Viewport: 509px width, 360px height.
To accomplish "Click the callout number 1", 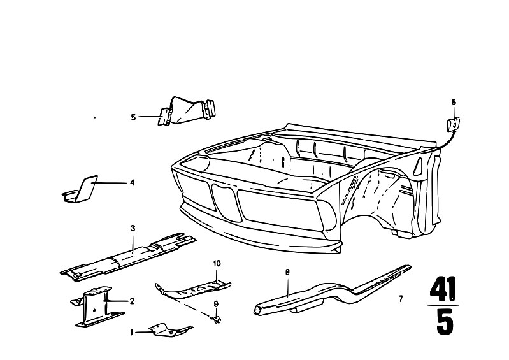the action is coord(131,333).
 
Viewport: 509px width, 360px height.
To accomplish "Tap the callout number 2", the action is coord(132,301).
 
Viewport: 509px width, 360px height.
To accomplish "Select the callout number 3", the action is coord(133,229).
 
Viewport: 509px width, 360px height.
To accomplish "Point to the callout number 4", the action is coord(132,183).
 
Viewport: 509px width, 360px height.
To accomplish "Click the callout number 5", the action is coord(133,117).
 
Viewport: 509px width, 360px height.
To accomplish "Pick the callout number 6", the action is coord(454,102).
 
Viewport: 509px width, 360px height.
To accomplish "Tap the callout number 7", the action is coord(401,299).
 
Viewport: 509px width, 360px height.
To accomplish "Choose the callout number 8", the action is coord(287,273).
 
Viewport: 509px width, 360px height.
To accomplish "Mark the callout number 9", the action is coord(216,304).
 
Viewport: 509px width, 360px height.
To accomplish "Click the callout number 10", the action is coord(217,263).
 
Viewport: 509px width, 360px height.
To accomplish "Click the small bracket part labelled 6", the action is coord(454,125).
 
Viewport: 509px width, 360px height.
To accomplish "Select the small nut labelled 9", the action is coord(218,320).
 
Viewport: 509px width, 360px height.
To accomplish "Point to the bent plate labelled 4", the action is coord(80,189).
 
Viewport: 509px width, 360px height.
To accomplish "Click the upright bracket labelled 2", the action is coord(97,306).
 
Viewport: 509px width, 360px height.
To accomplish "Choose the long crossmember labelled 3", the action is coord(129,256).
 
